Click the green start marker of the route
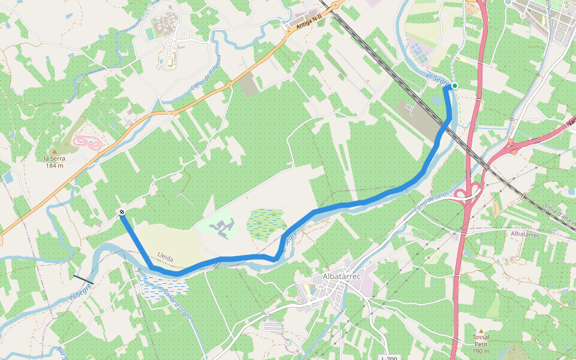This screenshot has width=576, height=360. pos(455,86)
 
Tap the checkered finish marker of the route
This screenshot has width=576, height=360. pos(122,212)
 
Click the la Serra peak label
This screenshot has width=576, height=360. pos(54,162)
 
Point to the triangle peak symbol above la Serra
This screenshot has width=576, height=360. pos(54,151)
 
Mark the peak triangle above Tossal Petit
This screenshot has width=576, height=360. pos(480,331)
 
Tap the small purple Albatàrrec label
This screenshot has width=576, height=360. pos(526,233)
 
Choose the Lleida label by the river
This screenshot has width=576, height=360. pos(165,258)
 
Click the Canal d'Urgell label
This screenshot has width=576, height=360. pos(178,306)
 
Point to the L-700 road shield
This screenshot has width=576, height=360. pos(389,358)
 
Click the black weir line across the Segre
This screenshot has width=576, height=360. pos(83,280)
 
